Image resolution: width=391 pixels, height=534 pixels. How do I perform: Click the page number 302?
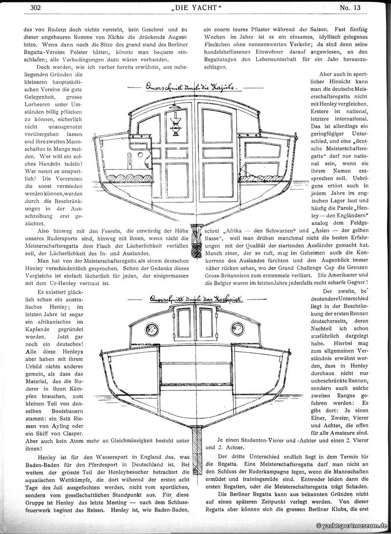36,7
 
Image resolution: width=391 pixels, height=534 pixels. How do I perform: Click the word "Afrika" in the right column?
235,231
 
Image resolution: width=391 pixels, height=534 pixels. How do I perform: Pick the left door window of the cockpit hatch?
184,323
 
